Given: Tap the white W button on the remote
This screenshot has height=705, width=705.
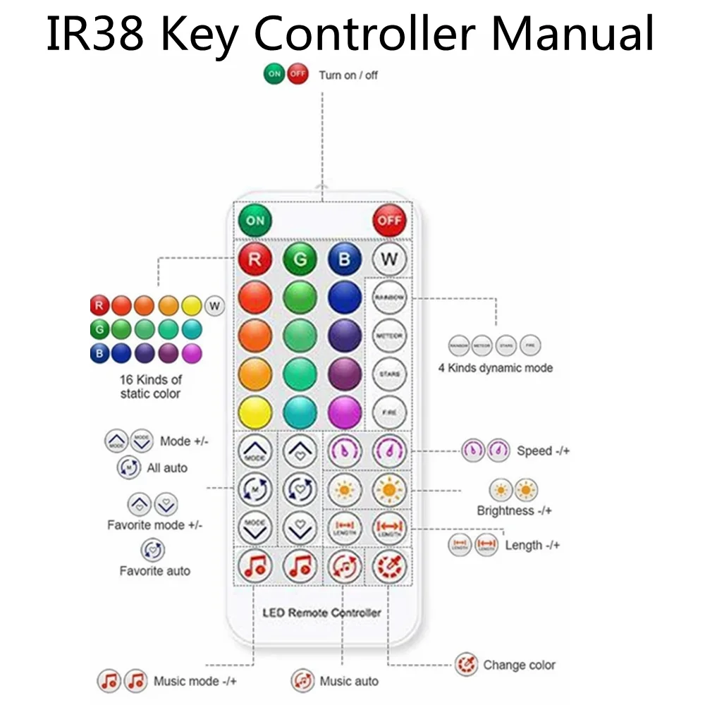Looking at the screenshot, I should (x=389, y=259).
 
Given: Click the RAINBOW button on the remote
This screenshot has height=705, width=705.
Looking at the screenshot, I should (x=389, y=298).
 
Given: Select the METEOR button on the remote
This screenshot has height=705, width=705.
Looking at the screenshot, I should (x=389, y=336).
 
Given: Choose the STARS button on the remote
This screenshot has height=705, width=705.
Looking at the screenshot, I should (x=389, y=374).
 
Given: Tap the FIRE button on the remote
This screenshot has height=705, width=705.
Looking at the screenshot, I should (x=389, y=412).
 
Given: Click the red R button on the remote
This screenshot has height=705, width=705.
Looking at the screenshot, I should (x=255, y=259).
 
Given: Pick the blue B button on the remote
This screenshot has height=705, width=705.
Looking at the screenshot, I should (x=345, y=259).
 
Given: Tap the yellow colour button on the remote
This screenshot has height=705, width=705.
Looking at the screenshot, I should (x=255, y=412).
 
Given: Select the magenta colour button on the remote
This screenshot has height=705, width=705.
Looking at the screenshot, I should (x=345, y=412).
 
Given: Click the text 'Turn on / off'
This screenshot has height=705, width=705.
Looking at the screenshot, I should (x=348, y=75).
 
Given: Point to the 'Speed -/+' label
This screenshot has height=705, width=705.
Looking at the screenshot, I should (x=543, y=450).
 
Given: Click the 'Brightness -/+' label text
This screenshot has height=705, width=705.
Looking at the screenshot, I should (x=514, y=510).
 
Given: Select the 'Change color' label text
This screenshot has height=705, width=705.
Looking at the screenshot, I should (x=519, y=665).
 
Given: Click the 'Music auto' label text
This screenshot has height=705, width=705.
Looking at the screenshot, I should (x=348, y=681).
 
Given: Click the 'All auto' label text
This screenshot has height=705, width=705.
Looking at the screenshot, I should (x=167, y=467).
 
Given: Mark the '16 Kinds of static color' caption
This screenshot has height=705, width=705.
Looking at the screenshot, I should (x=150, y=387).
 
